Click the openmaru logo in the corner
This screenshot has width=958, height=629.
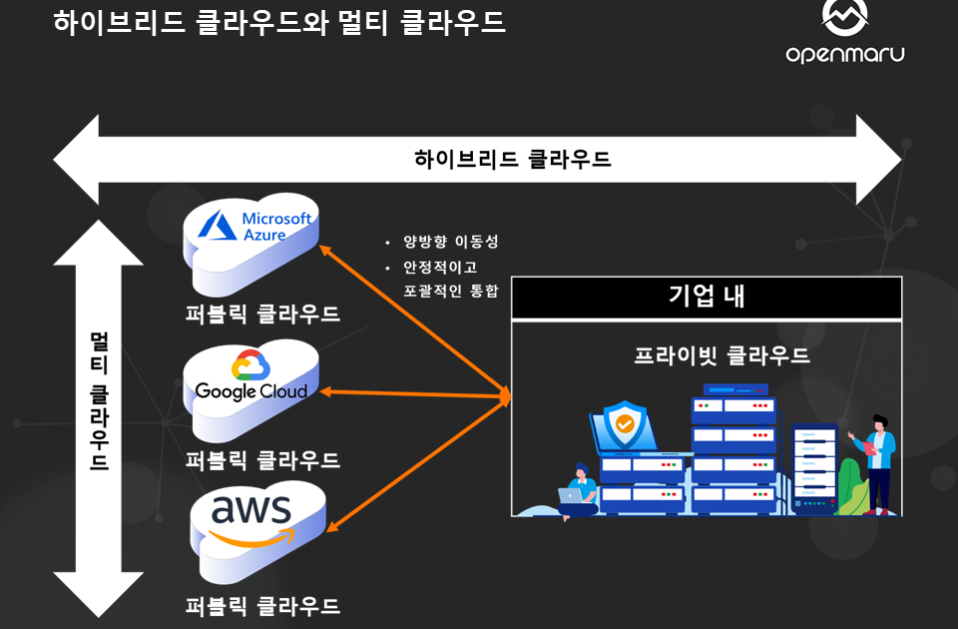[x=844, y=33]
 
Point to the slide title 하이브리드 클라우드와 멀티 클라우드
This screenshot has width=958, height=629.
[x=279, y=22]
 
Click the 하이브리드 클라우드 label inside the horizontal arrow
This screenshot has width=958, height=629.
[x=512, y=160]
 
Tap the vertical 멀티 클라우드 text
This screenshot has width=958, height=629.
[x=99, y=399]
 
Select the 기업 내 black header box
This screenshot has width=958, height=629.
[x=707, y=298]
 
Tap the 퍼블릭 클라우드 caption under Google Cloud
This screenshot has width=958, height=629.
[x=262, y=460]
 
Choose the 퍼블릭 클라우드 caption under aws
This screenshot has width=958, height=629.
[x=262, y=606]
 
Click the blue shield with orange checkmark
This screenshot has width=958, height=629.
[x=625, y=424]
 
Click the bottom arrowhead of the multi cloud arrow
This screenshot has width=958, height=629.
[x=99, y=594]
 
